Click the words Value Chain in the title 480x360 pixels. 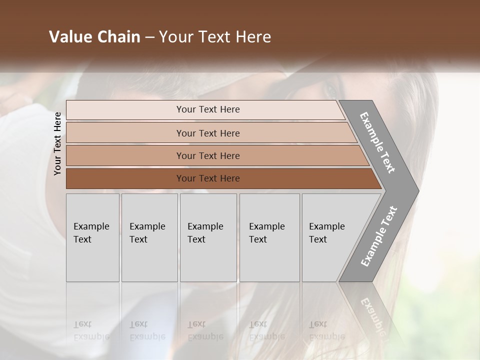coord(94,37)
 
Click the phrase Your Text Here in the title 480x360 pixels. coord(215,37)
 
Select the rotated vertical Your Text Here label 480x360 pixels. coord(57,143)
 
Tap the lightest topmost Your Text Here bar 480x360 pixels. coord(207,109)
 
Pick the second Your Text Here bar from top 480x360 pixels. coord(207,133)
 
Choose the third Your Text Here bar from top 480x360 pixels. coord(207,155)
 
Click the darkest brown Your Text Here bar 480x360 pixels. coord(207,178)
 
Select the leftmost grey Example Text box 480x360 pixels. coord(92,237)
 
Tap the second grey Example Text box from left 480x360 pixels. coord(149,237)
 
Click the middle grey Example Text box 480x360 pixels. coord(208,237)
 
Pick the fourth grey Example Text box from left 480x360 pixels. coord(269,237)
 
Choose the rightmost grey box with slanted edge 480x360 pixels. coord(330,237)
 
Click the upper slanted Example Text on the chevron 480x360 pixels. coord(378,143)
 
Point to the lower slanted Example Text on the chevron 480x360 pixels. coord(379,236)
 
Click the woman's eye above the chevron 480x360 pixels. coord(331,91)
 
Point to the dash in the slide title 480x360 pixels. coord(149,37)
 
